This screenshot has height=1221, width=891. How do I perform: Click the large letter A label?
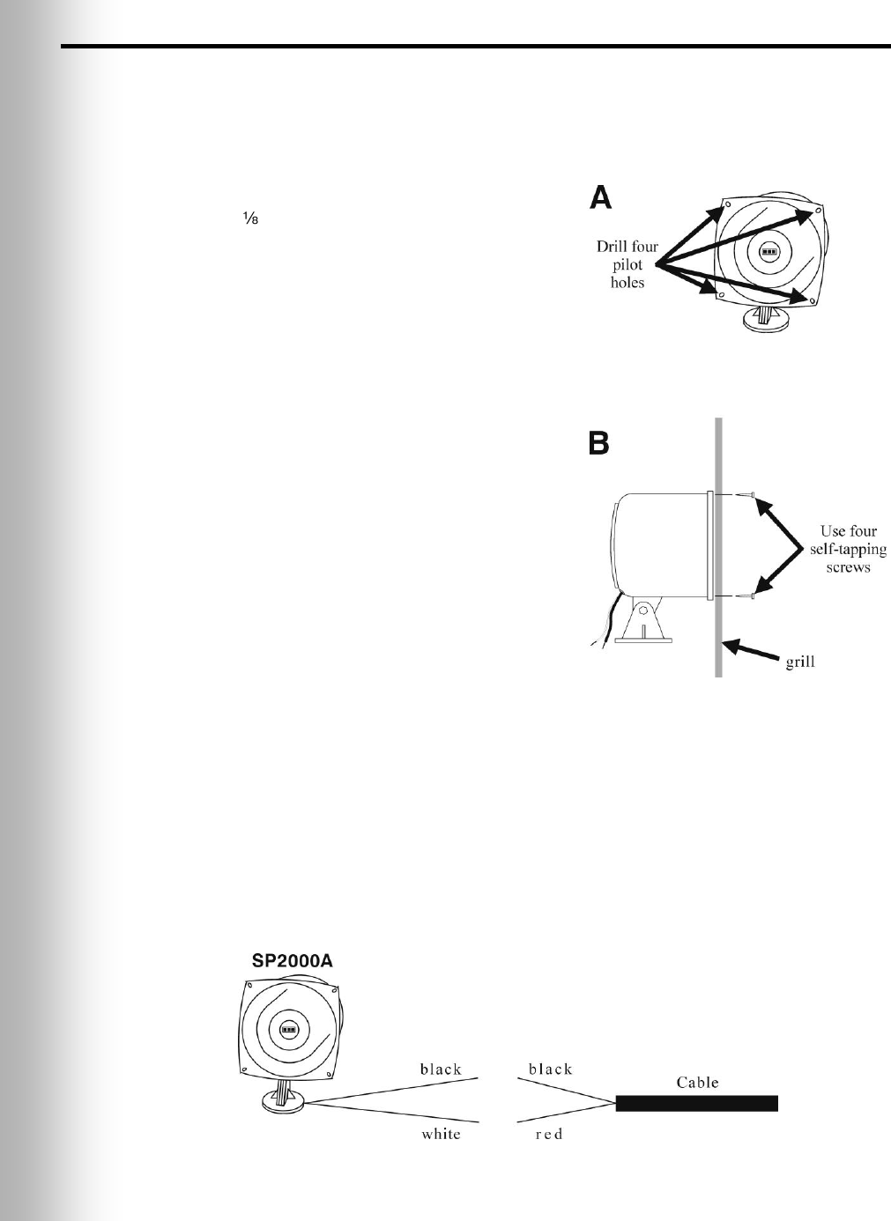coord(600,196)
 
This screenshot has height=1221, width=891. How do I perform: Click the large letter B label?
coord(599,443)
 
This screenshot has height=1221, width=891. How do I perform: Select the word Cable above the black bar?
coord(697,1082)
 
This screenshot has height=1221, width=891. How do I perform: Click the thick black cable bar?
coord(696,1103)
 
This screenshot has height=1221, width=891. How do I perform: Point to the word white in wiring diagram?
coord(441,1134)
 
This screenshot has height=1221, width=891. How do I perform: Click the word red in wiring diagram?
coord(548,1134)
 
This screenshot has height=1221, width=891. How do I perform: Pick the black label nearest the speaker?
coord(441,1069)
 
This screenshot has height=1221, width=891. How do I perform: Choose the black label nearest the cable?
coord(551,1069)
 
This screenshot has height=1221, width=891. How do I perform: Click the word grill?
coord(799,662)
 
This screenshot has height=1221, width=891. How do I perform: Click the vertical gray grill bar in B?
coord(719,546)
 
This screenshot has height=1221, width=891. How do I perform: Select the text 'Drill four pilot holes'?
coord(627,264)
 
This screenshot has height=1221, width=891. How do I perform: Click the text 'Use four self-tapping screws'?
coord(848,549)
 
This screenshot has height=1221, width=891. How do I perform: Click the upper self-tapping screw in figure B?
coord(746,496)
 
